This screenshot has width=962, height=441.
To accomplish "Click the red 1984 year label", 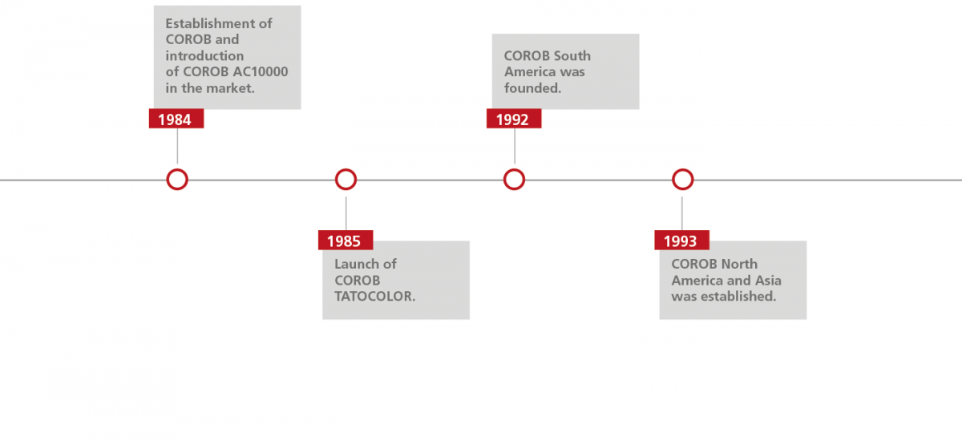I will [176, 119].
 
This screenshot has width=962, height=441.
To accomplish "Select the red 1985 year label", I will [345, 241].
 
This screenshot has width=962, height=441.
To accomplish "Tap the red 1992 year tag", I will [513, 119].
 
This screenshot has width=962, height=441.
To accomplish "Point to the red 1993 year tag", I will [681, 241].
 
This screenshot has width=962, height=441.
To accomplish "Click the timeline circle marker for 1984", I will [177, 180].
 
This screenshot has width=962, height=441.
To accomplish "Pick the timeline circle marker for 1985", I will [346, 180].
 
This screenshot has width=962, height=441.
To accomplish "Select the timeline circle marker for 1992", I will [514, 180].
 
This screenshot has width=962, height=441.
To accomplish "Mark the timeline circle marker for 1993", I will [682, 180].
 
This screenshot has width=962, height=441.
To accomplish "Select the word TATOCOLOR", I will [374, 296].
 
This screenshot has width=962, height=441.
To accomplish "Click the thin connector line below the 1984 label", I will [177, 147].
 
